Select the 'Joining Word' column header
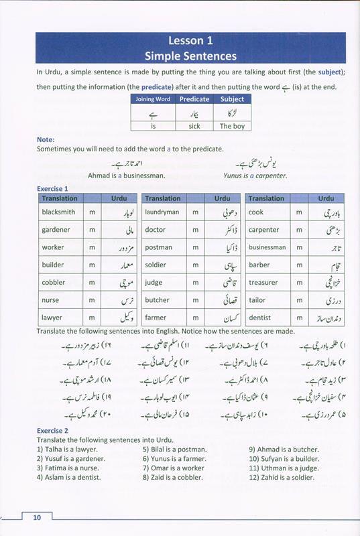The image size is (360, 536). coord(153,99)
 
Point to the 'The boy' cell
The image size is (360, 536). coord(232,125)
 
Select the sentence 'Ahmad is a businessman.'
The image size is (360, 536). coord(126,176)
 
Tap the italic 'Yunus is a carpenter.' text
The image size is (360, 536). coord(255,176)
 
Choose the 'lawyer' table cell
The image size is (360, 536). coord(52,318)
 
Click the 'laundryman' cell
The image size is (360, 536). coord(162,212)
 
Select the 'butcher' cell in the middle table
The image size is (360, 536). coord(158,300)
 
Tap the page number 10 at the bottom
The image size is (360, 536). coord(37,517)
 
